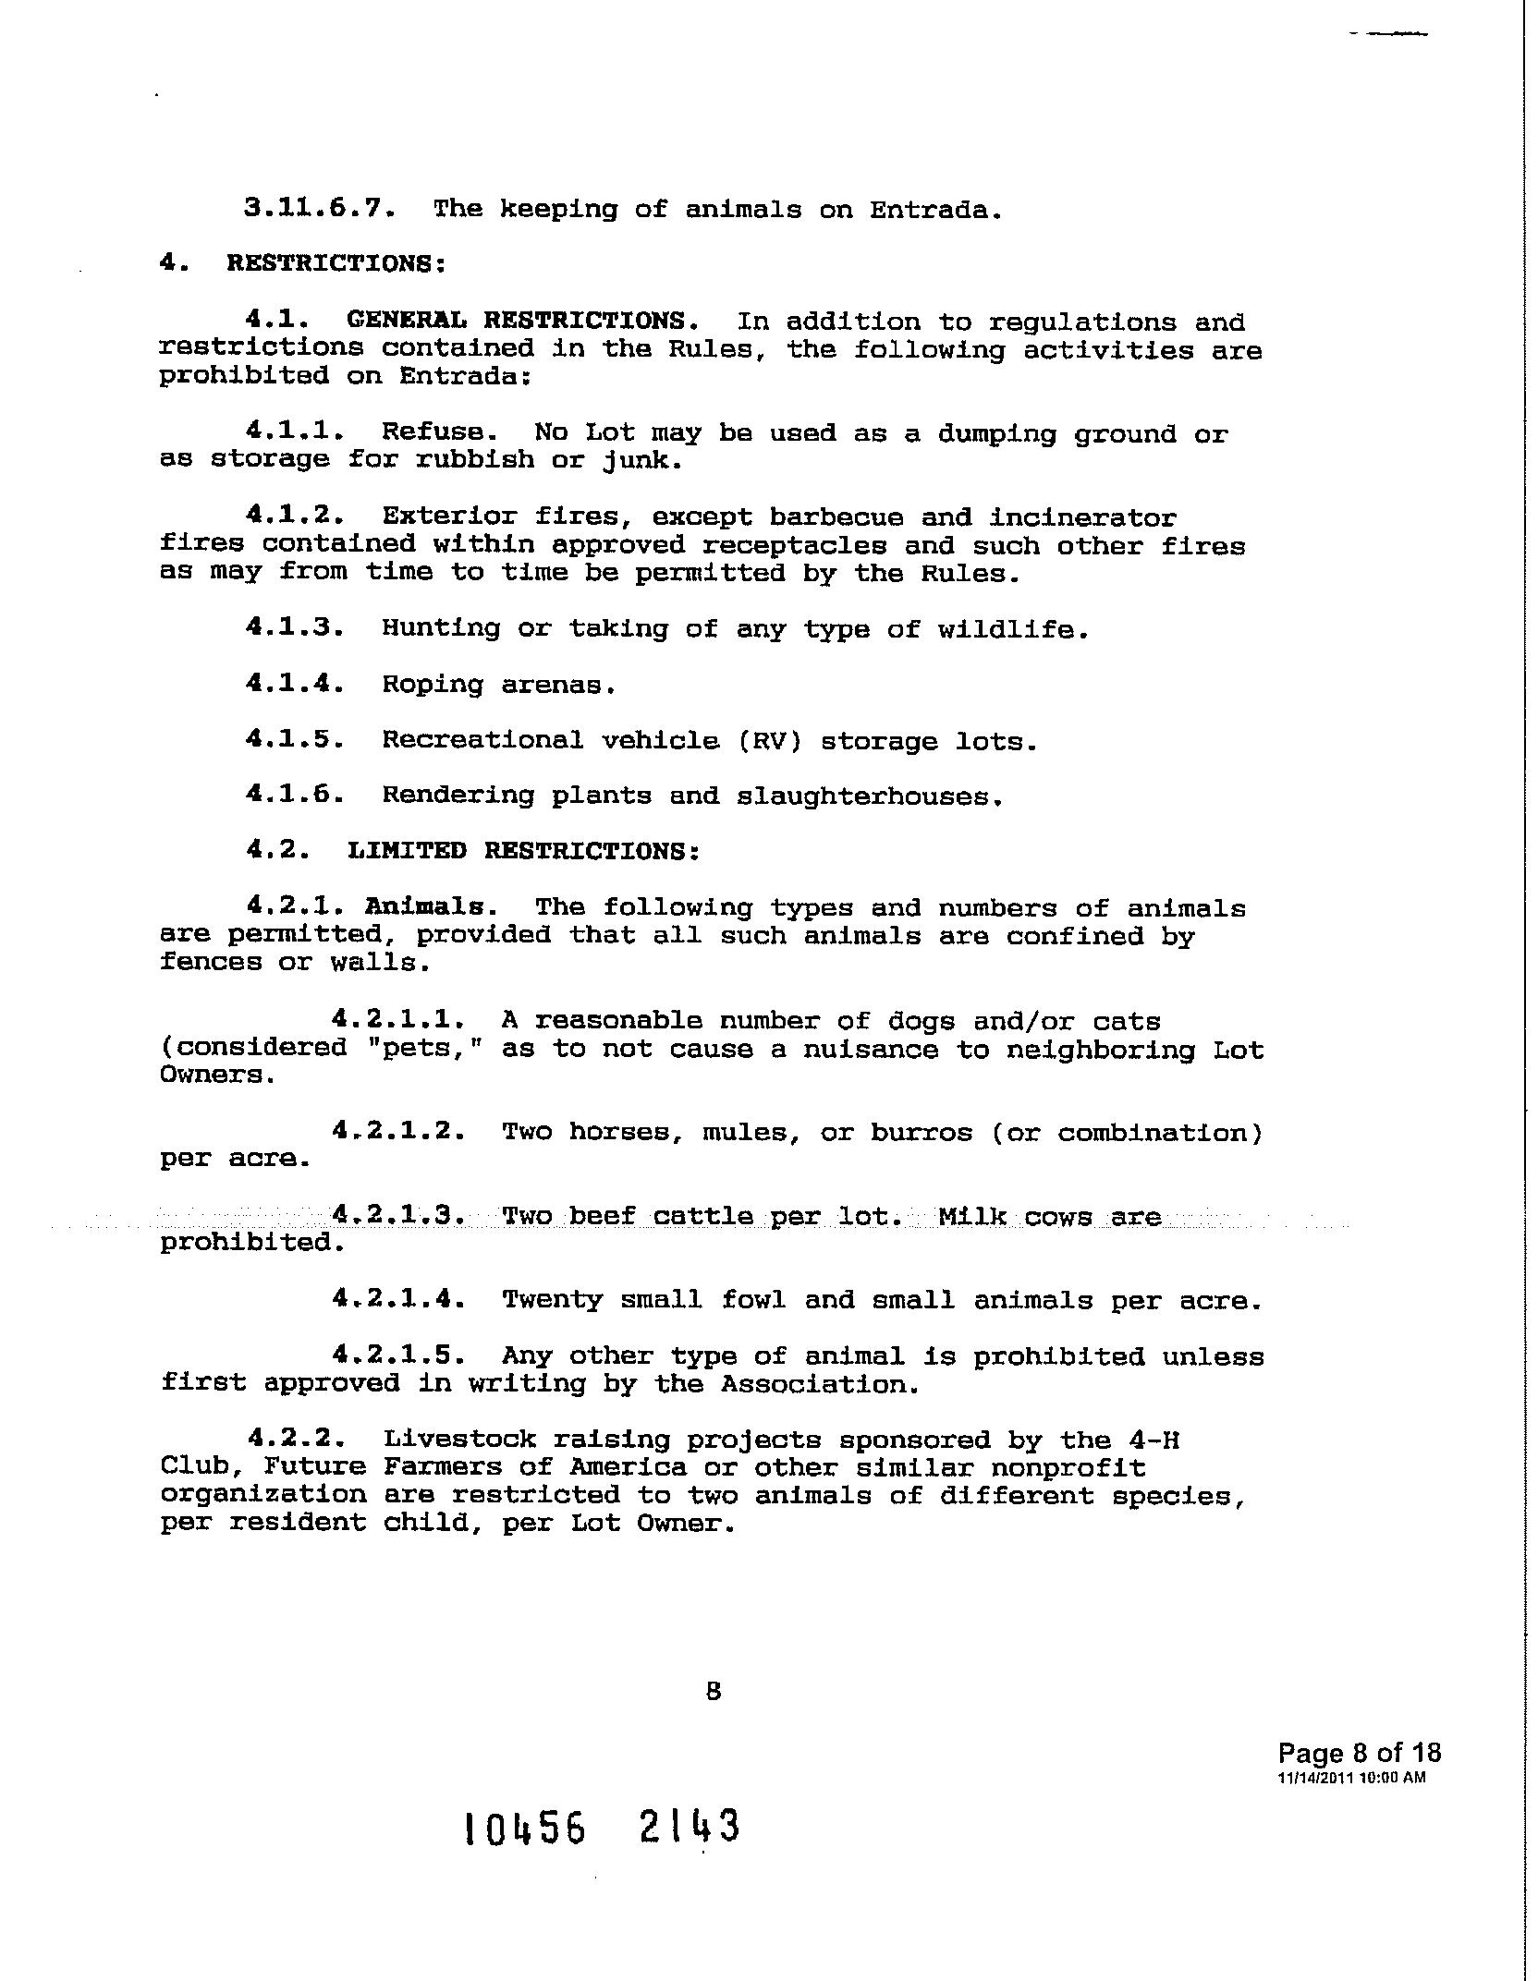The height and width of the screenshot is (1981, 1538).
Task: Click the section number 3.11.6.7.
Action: [x=321, y=208]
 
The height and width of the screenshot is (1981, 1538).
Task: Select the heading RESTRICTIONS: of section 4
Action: [x=336, y=263]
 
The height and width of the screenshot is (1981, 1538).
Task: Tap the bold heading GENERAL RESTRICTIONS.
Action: [x=522, y=321]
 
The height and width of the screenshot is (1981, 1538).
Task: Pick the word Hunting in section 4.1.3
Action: [x=441, y=629]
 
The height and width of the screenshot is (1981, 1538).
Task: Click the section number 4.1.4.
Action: [x=295, y=684]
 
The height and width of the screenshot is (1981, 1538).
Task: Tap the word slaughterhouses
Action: [x=870, y=796]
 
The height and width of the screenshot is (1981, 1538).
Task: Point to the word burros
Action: [x=922, y=1132]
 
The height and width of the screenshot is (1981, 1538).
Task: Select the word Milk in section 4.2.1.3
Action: [x=971, y=1216]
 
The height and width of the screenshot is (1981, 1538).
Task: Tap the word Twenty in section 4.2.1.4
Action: [x=552, y=1300]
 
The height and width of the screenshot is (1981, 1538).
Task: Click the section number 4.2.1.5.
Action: [x=397, y=1355]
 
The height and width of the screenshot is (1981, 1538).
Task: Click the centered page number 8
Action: [x=713, y=1691]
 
